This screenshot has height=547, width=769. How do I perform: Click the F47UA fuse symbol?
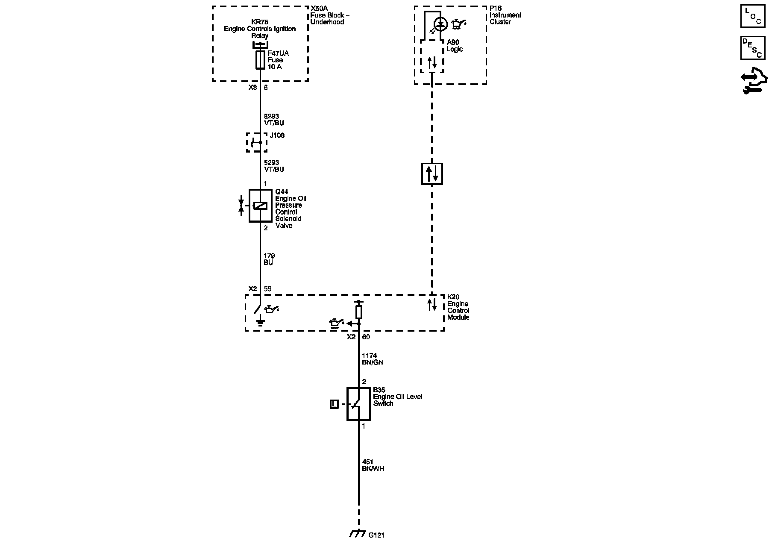(x=260, y=60)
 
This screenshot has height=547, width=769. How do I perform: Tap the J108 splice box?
(x=257, y=142)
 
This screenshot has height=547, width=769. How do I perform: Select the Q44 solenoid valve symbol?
(x=260, y=206)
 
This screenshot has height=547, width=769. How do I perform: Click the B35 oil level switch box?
(x=358, y=404)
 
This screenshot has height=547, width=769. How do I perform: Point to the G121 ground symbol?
(x=357, y=534)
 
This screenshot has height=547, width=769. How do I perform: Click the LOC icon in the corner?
(x=752, y=16)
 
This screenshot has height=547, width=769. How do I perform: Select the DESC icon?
(x=752, y=48)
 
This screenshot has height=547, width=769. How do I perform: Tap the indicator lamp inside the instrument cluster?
(x=440, y=24)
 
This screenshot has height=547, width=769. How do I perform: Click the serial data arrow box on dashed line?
(x=432, y=174)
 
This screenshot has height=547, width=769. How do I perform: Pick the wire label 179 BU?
(x=269, y=259)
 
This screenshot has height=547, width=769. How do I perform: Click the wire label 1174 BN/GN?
(x=373, y=359)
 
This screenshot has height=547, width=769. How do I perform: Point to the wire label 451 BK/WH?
(x=373, y=465)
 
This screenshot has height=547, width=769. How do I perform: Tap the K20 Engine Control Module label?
(x=458, y=307)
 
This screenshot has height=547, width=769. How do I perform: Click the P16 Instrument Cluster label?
(x=505, y=15)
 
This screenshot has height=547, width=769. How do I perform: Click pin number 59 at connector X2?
(x=267, y=289)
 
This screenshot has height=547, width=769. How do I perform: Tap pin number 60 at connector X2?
(x=366, y=337)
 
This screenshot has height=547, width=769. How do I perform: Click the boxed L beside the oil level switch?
(x=334, y=404)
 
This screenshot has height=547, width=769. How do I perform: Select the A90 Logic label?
(x=454, y=46)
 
